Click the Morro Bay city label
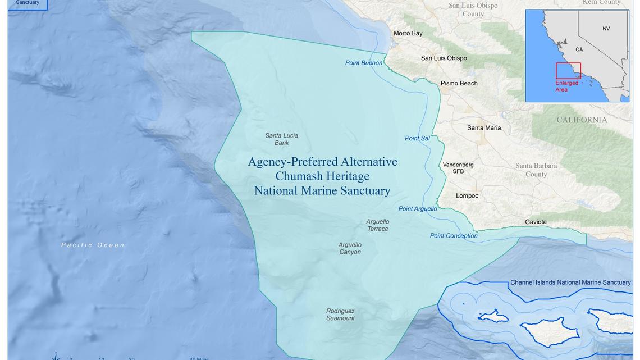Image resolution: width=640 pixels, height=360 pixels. (x=408, y=33)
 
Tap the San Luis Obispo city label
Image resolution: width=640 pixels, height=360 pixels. (x=444, y=58)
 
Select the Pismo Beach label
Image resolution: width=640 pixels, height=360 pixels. (x=459, y=83)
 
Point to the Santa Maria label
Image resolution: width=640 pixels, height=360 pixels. (x=484, y=128)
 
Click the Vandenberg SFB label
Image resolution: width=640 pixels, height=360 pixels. (x=458, y=168)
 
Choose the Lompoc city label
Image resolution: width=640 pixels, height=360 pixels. (x=467, y=195)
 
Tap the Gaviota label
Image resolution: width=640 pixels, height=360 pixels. (x=536, y=222)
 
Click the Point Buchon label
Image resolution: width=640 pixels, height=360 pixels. (x=363, y=63)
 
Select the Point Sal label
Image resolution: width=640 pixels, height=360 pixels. (x=417, y=138)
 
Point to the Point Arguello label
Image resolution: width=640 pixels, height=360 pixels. (x=417, y=209)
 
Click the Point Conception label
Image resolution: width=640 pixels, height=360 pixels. (x=454, y=235)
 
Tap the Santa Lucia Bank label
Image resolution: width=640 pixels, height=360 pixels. (x=281, y=139)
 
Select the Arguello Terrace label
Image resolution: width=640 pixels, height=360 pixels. (x=378, y=225)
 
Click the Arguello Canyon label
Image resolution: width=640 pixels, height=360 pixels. (x=350, y=248)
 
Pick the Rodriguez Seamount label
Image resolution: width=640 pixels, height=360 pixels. (x=340, y=315)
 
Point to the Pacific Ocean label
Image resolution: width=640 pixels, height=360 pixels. (x=93, y=245)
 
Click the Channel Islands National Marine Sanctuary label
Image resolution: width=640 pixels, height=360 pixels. (x=570, y=282)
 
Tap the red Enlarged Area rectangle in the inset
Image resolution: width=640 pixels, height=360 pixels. (x=568, y=71)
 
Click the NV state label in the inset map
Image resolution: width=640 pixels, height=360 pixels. (x=606, y=29)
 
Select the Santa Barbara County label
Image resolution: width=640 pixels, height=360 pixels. (x=536, y=170)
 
